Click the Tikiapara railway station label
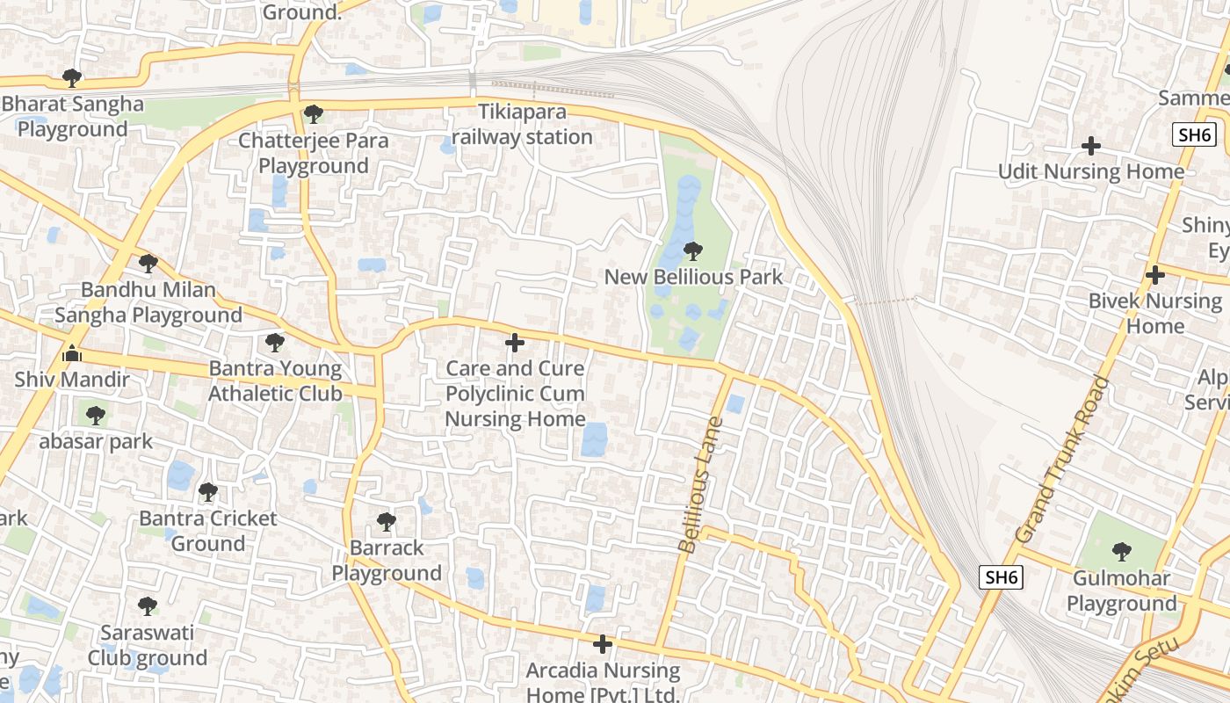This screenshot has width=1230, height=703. click(x=522, y=125)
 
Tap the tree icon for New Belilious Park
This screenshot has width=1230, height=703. click(x=693, y=252)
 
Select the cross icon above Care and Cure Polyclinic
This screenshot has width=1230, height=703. click(x=515, y=343)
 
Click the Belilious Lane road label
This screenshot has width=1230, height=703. click(x=701, y=484)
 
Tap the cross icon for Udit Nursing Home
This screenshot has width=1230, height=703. click(x=1091, y=146)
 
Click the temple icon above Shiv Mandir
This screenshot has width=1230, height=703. click(x=72, y=354)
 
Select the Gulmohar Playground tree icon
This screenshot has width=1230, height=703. click(x=1121, y=552)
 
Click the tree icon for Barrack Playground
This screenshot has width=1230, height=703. click(x=386, y=522)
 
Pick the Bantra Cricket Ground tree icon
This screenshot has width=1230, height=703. click(x=208, y=492)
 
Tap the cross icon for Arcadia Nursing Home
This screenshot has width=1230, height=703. click(x=603, y=645)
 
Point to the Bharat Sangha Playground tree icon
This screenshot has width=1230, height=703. click(x=72, y=78)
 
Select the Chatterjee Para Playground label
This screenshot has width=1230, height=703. click(x=303, y=153)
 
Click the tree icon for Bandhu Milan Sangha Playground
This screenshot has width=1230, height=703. click(x=148, y=264)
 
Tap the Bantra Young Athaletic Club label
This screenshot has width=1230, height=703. click(x=275, y=380)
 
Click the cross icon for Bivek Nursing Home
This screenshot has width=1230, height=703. click(x=1154, y=275)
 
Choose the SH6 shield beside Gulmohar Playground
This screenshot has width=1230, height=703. click(x=1002, y=577)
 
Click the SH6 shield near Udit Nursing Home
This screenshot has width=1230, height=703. click(x=1194, y=134)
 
